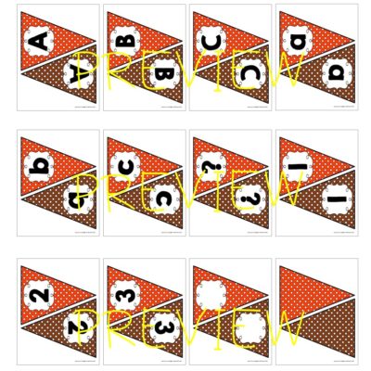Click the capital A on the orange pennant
38,41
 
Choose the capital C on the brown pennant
249,72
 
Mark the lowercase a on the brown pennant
335,72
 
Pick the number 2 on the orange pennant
38,295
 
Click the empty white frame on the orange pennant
211,295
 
